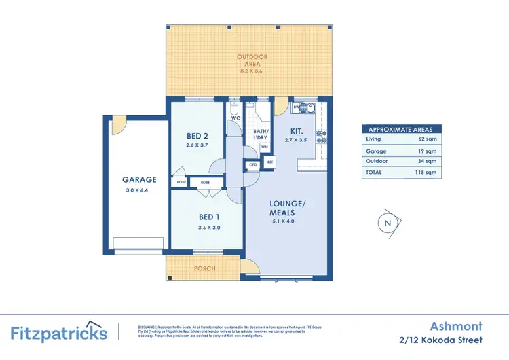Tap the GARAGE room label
click(139, 180)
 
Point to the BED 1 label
click(210, 217)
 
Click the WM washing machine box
click(264, 146)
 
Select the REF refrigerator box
click(269, 162)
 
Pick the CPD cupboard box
click(253, 164)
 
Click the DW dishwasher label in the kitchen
click(297, 107)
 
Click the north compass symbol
click(388, 223)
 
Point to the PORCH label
click(204, 268)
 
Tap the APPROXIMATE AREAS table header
click(401, 129)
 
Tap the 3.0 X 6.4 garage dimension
click(139, 191)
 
